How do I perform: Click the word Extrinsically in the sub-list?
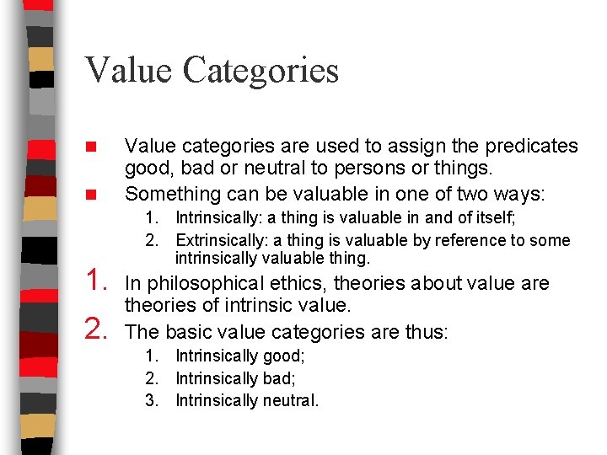218,241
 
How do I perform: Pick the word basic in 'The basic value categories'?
189,332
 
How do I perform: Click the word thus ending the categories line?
427,332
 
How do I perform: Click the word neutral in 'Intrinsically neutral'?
290,400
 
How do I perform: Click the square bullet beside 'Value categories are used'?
95,147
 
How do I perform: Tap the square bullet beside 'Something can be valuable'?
95,195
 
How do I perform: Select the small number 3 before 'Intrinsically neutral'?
152,400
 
